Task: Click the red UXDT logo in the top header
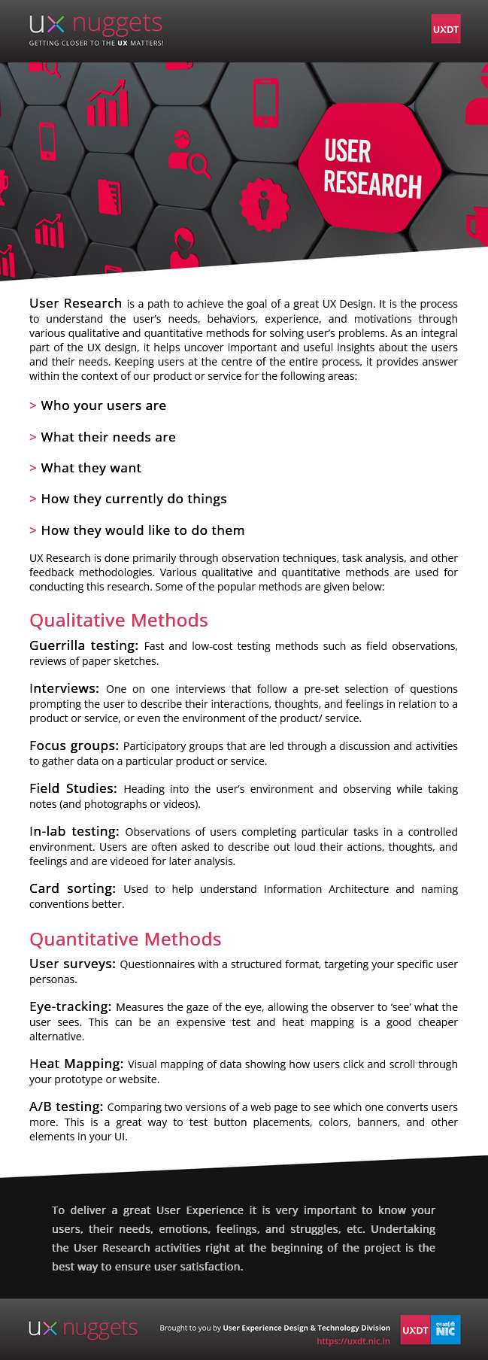pos(446,29)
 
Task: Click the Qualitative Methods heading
pos(119,621)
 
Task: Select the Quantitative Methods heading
pos(126,940)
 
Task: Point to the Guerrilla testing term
pos(83,645)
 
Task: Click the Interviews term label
pos(64,688)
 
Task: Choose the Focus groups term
pos(74,745)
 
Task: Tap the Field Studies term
pos(73,788)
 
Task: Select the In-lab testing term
pos(74,831)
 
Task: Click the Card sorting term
pos(72,888)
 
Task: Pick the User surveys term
pos(72,964)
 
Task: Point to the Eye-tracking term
pos(70,1006)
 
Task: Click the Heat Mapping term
pos(76,1064)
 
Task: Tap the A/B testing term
pos(66,1107)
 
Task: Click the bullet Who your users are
pos(103,405)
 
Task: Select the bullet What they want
pos(91,468)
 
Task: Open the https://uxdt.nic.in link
pos(353,1340)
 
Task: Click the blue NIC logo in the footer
pos(446,1330)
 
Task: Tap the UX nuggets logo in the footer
pos(83,1328)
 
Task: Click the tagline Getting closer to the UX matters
pos(96,43)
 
